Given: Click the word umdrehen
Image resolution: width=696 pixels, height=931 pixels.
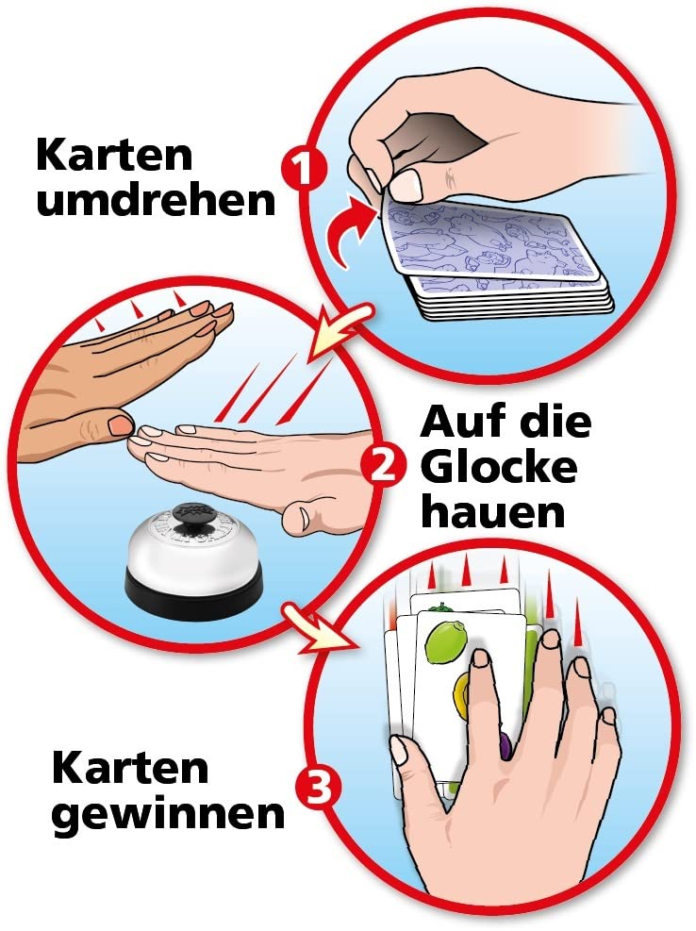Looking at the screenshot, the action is click(x=157, y=201).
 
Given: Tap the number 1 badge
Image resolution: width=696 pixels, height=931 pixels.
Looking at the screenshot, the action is click(x=304, y=169).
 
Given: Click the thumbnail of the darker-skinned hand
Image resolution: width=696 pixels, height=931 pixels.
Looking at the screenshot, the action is click(x=121, y=423).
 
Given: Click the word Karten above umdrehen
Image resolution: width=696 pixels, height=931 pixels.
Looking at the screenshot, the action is click(x=115, y=156).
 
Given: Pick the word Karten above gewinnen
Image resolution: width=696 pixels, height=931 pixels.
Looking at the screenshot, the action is click(x=130, y=768).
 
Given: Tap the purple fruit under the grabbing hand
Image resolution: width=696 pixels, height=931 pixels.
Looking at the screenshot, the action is click(x=505, y=745).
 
